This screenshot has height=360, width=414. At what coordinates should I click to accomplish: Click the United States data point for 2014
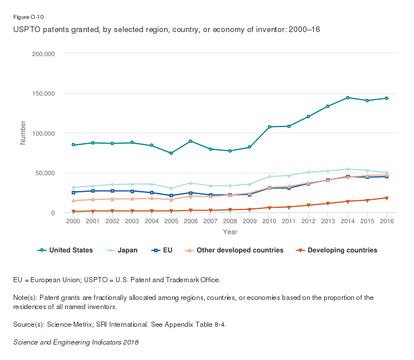click(x=348, y=98)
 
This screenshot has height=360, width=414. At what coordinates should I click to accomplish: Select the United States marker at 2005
click(x=171, y=153)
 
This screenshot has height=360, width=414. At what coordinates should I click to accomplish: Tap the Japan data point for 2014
click(x=348, y=169)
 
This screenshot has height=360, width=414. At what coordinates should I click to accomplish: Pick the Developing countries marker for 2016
click(x=387, y=198)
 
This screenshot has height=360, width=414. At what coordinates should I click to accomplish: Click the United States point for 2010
click(x=269, y=127)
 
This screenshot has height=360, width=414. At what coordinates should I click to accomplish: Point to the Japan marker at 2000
click(x=73, y=188)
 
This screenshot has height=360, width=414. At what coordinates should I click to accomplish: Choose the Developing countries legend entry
click(x=337, y=250)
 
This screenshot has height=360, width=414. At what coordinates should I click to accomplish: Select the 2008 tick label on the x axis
click(x=230, y=221)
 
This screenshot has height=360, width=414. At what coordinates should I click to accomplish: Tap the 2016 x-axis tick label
click(x=387, y=221)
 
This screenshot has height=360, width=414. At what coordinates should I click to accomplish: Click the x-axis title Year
click(x=230, y=232)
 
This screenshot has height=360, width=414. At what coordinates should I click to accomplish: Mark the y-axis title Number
click(x=23, y=133)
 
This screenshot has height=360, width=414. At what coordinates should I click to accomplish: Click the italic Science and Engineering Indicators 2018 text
click(x=75, y=342)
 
